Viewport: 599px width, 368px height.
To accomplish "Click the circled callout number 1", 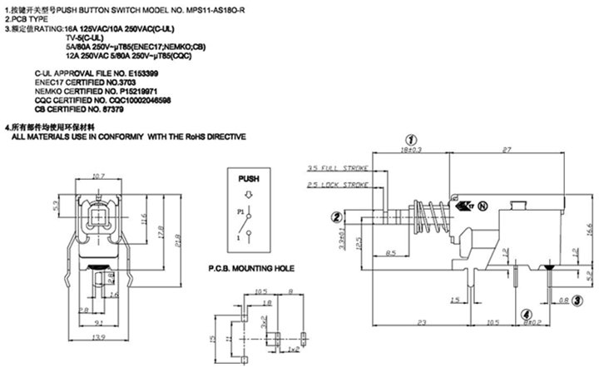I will pos(409,140).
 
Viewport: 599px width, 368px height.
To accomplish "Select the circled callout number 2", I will pos(338,218).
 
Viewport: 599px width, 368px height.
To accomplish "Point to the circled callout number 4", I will pos(525,314).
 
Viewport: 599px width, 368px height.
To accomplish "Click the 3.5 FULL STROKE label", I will pos(338,167).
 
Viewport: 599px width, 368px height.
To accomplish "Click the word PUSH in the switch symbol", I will pos(249,178).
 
